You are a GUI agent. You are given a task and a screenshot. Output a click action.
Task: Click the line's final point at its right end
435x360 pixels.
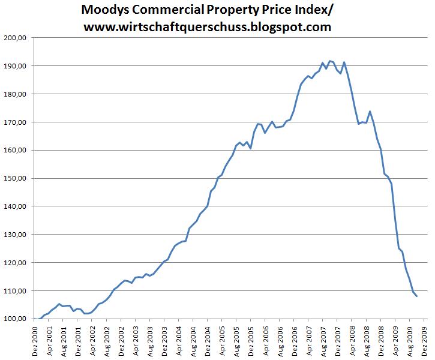point(417,296)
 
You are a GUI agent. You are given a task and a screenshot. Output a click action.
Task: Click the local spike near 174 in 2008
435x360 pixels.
point(370,111)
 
